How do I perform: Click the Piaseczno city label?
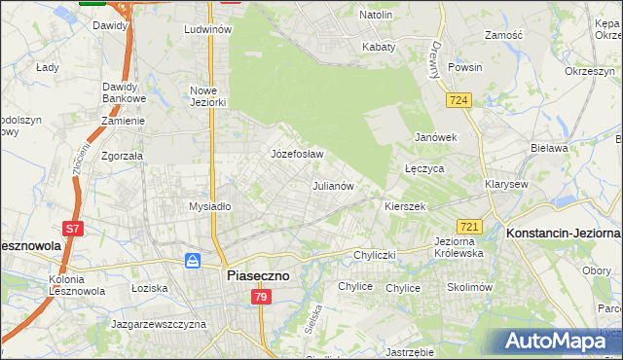[x=257, y=275]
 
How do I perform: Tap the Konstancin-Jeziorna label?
[x=564, y=234]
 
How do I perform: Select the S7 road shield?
[x=72, y=229]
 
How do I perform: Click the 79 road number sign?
[x=260, y=297]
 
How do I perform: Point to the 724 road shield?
[x=459, y=99]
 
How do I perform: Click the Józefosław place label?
[x=297, y=155]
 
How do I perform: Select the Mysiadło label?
[x=209, y=206]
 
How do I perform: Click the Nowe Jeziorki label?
[x=208, y=96]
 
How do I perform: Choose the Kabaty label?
[x=379, y=47]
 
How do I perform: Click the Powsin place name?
[x=465, y=68]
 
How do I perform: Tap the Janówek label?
[x=436, y=137]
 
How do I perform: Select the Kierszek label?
[x=405, y=207]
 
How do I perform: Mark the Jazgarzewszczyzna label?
[x=158, y=322]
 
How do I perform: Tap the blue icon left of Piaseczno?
[x=194, y=261]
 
